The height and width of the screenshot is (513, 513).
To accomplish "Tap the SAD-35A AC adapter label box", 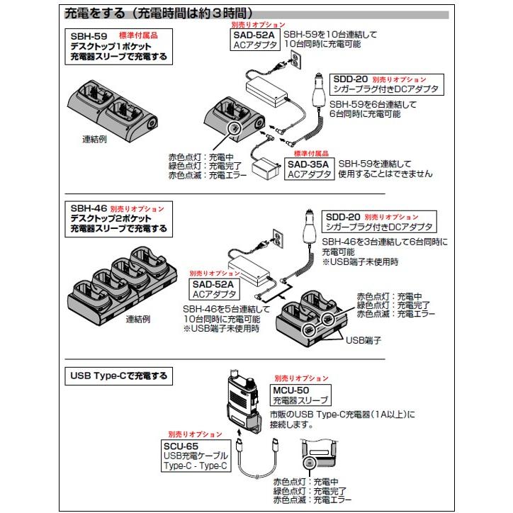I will pos(308,169).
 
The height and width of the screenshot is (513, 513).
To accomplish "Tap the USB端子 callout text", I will pos(363,340).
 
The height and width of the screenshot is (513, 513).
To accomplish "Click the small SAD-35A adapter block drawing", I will pos(268,169).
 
